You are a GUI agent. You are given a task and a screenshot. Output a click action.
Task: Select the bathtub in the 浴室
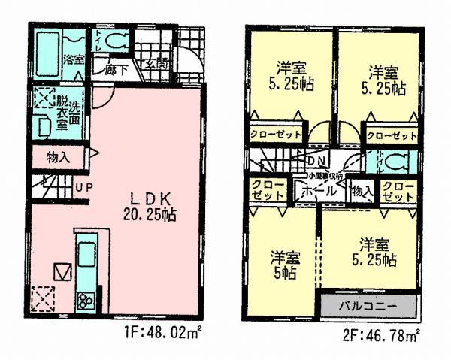[50, 55]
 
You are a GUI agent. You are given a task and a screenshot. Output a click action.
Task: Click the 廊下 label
[117, 70]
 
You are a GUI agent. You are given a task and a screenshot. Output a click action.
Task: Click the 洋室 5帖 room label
[285, 265]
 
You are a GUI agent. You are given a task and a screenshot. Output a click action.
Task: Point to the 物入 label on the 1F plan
[58, 158]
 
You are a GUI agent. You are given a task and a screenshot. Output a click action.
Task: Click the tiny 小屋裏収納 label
[324, 175]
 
